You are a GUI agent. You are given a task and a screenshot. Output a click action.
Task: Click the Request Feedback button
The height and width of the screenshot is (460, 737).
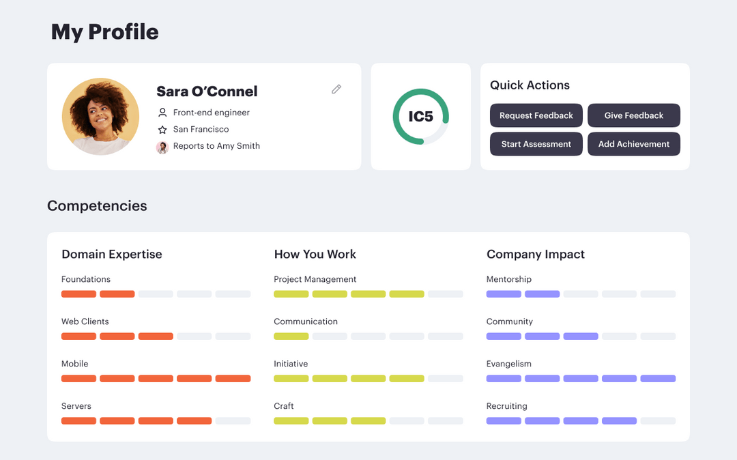536,115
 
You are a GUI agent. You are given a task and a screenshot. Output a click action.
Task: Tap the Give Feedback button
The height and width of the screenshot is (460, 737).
634,115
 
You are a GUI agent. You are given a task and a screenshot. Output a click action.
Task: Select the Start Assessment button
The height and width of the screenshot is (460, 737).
536,144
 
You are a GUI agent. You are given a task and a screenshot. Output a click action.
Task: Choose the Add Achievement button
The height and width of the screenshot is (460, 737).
634,144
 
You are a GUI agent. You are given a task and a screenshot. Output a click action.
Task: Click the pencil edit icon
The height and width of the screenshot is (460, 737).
336,89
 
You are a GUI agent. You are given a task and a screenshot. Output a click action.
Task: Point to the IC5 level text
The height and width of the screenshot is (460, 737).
420,117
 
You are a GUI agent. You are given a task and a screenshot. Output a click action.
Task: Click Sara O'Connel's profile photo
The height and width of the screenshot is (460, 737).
100,117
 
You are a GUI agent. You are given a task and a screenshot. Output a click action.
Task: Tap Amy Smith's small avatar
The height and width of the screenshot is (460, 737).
162,147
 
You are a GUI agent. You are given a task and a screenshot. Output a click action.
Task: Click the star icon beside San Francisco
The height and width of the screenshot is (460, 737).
162,130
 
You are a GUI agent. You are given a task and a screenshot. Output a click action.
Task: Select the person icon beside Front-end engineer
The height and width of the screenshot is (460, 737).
162,113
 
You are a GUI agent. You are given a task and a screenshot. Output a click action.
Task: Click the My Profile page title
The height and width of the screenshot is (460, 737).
105,32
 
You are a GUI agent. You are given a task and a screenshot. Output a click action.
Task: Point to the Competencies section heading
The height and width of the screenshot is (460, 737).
97,206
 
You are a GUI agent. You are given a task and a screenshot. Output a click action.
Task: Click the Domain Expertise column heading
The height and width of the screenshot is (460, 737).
112,255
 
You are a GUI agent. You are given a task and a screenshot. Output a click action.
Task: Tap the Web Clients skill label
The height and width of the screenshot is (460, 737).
85,321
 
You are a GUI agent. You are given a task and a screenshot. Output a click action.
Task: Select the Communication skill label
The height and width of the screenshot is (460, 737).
306,321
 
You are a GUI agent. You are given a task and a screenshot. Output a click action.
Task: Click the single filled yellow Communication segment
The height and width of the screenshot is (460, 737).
291,336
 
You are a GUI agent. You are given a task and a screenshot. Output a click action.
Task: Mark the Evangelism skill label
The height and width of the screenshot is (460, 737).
509,364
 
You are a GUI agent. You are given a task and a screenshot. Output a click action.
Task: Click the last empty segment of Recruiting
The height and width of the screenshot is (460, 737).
658,421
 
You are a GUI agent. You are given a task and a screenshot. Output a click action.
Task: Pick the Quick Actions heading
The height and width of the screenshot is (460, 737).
530,85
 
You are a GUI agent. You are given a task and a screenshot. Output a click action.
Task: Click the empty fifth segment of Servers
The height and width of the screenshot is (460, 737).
233,421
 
